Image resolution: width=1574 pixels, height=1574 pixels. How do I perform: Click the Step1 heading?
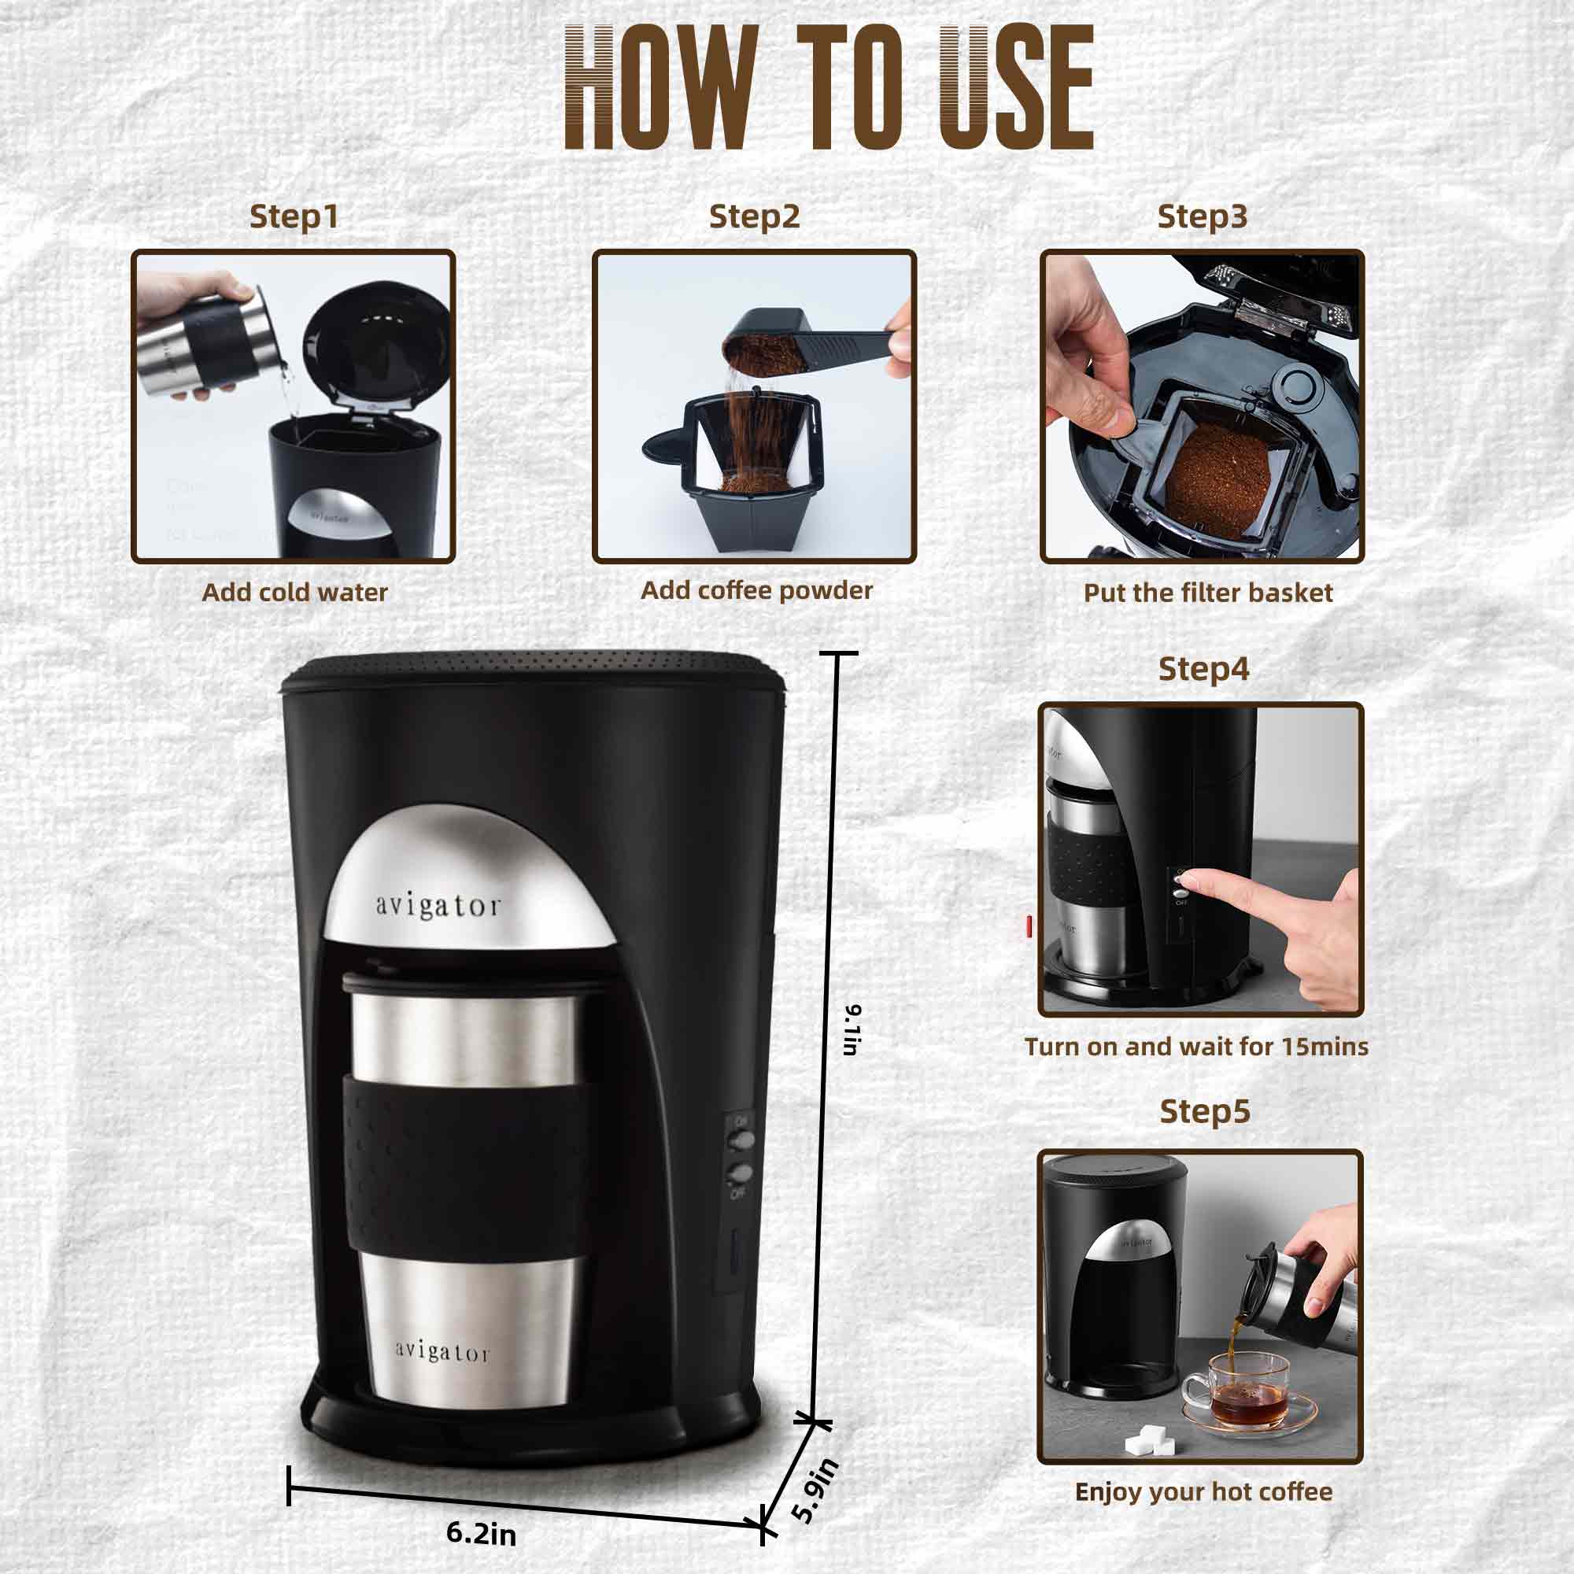294,216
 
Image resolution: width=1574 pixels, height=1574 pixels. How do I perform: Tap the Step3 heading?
1202,216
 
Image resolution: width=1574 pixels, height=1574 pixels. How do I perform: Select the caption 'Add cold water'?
294,593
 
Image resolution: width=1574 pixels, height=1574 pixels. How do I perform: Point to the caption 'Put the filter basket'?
1207,593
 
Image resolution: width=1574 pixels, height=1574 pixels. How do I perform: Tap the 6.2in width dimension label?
481,1533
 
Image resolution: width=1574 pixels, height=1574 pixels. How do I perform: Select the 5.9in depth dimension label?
815,1490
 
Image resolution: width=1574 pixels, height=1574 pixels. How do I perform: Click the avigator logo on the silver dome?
438,906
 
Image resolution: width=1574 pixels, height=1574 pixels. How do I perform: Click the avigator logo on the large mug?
442,1351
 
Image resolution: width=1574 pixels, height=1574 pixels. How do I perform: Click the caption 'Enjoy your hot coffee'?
1203,1491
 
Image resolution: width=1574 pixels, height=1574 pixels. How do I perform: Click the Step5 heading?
1204,1111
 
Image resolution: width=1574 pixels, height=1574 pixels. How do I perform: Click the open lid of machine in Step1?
376,342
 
